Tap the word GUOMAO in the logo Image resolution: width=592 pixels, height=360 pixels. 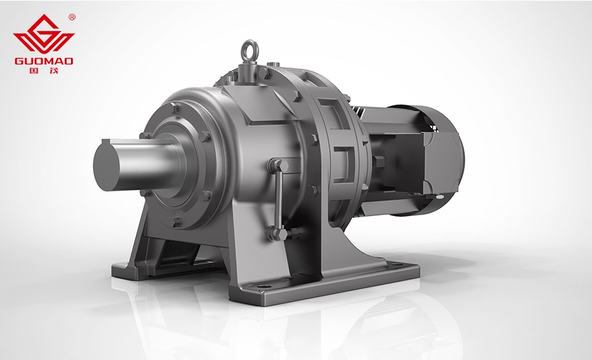(x=44, y=61)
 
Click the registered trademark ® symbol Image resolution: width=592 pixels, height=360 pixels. (x=72, y=17)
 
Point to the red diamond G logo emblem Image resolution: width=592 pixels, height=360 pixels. (x=44, y=35)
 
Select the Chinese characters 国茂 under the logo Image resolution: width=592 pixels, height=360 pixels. (x=44, y=70)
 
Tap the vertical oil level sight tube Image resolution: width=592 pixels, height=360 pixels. (x=279, y=198)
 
